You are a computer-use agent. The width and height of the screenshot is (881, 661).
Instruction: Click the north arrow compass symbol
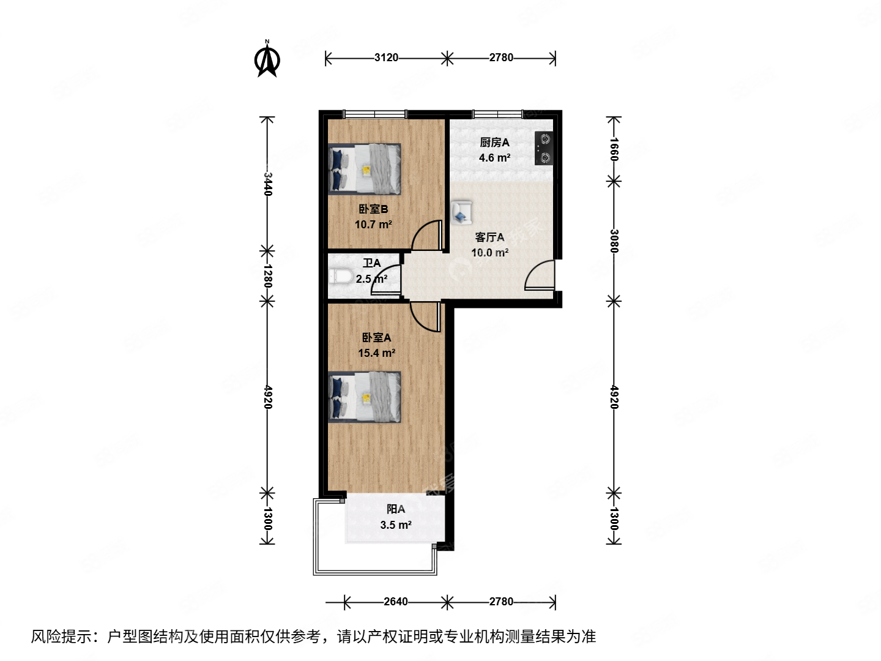tap(267, 59)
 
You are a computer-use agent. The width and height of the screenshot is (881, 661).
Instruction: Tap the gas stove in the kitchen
tap(543, 149)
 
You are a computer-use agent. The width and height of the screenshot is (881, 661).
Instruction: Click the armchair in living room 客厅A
tap(461, 212)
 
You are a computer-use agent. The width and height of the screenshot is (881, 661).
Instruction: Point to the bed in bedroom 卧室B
tap(365, 169)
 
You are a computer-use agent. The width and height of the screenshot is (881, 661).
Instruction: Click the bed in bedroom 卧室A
tap(365, 397)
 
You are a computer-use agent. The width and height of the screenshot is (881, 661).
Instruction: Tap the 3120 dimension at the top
tap(386, 58)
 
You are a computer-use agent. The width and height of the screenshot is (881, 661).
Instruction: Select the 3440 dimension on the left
tap(267, 184)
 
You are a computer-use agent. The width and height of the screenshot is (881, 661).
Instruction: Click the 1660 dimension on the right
tap(614, 149)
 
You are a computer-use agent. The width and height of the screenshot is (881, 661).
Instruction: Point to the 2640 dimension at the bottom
tap(395, 602)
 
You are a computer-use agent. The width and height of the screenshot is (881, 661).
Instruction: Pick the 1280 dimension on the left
tap(267, 276)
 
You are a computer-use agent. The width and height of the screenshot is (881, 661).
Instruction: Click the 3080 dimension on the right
tap(614, 241)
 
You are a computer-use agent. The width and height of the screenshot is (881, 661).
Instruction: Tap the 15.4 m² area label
tap(376, 353)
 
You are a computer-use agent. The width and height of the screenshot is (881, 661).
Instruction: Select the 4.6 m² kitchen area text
tap(494, 158)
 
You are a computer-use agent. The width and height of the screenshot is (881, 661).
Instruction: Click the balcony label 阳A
tap(396, 509)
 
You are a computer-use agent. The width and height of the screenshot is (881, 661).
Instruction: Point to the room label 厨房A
tap(494, 143)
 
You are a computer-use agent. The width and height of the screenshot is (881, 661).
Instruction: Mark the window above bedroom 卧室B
tap(374, 114)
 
